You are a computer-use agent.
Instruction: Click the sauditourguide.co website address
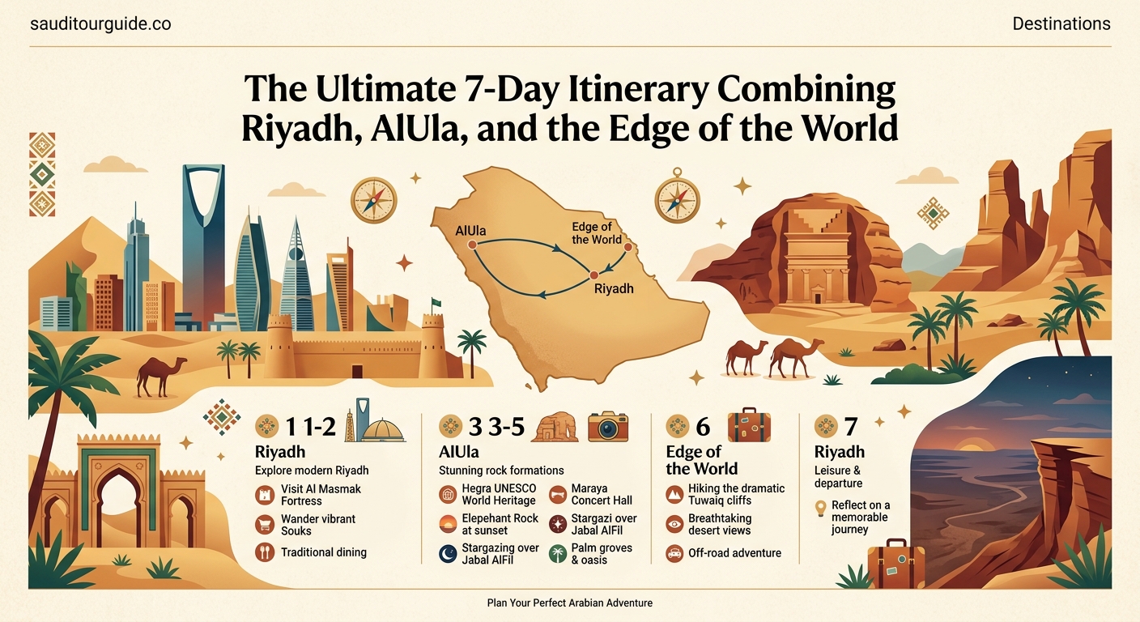click(x=100, y=24)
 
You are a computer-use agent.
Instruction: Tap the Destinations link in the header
click(x=1061, y=24)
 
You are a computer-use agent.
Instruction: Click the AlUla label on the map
click(x=470, y=232)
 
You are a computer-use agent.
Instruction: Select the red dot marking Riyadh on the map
click(x=593, y=275)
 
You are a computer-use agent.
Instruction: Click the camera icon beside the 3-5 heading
click(x=608, y=426)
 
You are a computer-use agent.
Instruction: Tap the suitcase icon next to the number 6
click(x=748, y=427)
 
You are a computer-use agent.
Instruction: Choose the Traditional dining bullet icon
click(x=265, y=552)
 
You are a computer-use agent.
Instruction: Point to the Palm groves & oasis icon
click(x=557, y=554)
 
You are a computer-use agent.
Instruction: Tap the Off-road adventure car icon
click(x=674, y=553)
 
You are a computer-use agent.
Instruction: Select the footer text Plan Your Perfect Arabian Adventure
click(x=569, y=603)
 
